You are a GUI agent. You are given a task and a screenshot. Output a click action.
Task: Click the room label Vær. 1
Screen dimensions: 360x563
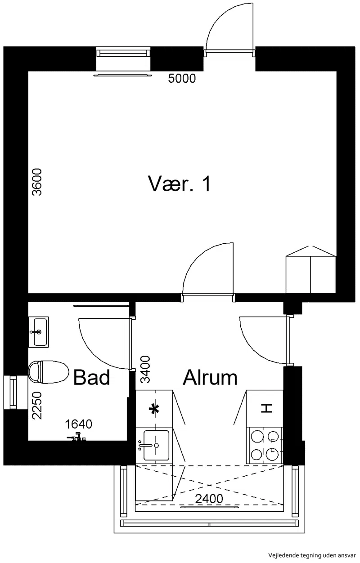tap(180, 183)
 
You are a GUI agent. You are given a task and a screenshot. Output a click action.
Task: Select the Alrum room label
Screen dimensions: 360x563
tap(210, 377)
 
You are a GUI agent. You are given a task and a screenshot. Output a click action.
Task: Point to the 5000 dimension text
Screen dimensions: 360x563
tap(182, 78)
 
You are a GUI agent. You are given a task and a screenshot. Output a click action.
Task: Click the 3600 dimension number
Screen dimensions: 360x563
tap(37, 182)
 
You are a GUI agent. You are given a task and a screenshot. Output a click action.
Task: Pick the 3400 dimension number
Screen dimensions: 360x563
tap(145, 370)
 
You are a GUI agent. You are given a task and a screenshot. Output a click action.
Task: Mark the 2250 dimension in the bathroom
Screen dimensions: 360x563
tap(37, 406)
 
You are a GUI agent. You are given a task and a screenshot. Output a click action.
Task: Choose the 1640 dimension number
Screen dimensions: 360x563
tap(78, 424)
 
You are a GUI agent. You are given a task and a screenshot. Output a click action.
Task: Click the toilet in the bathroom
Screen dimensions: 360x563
tap(49, 372)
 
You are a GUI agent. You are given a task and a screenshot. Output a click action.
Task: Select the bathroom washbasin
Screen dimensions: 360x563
tap(39, 332)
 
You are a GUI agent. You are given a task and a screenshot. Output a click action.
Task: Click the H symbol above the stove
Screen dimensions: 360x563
tap(266, 408)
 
